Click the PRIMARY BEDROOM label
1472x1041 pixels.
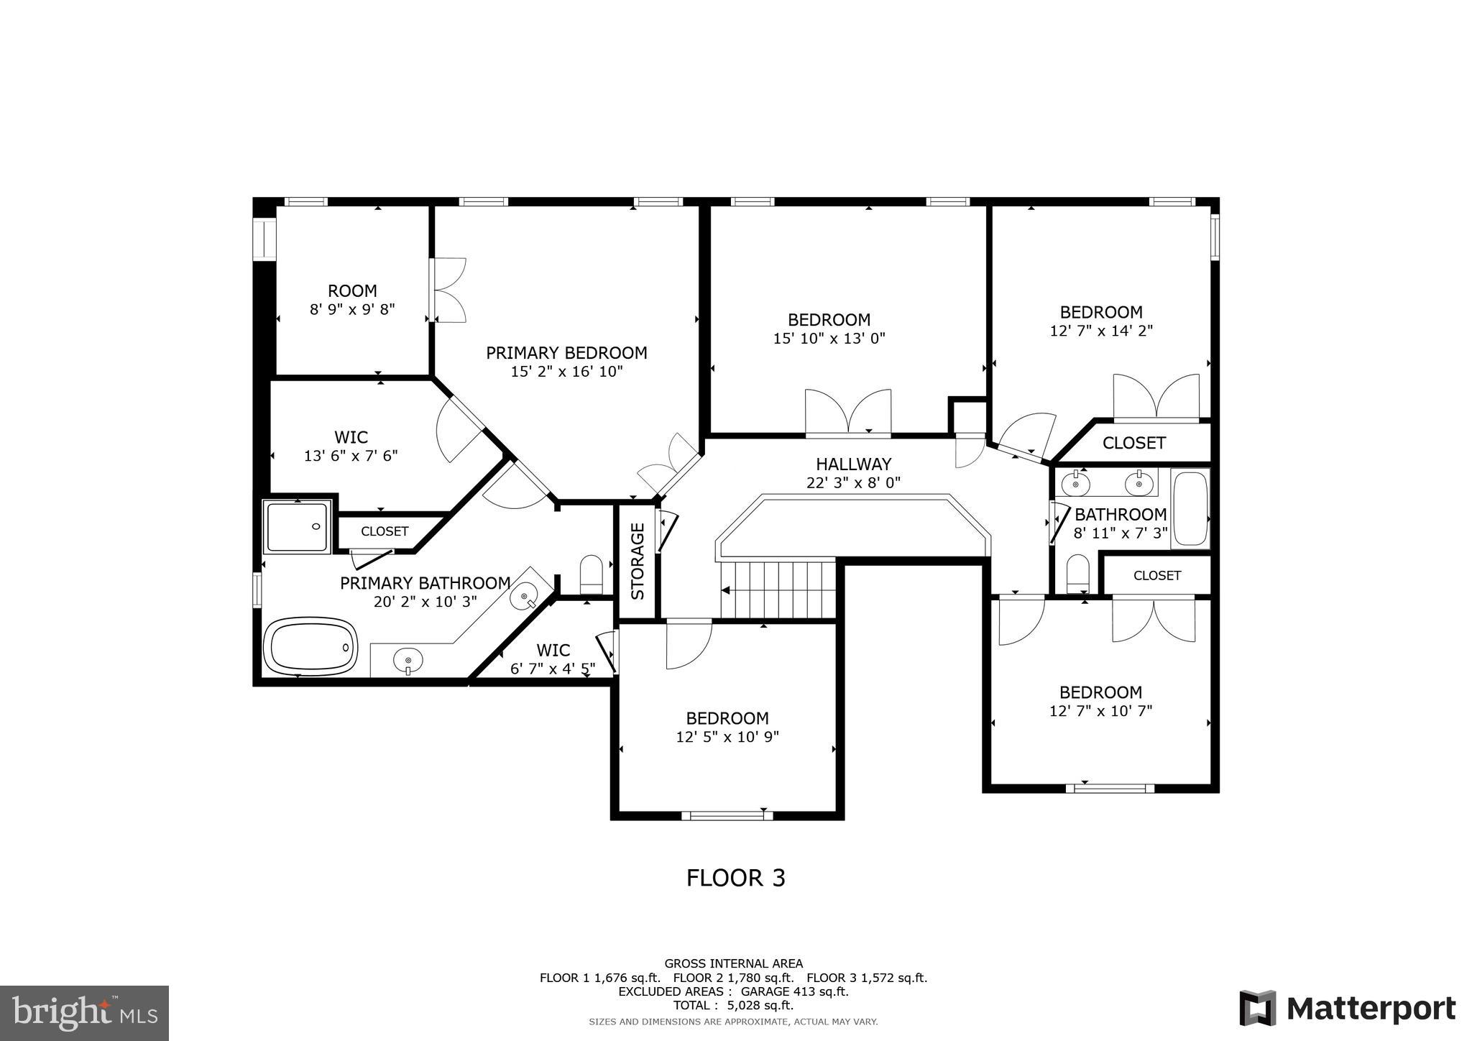point(566,353)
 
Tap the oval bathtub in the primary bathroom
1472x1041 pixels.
point(310,646)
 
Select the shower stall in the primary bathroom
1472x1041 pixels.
point(297,527)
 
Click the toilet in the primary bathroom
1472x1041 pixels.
point(591,573)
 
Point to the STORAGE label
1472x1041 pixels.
point(638,561)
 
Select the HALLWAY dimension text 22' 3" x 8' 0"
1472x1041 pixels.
point(853,482)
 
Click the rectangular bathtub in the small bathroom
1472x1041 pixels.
point(1190,508)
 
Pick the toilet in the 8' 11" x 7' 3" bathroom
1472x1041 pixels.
point(1077,574)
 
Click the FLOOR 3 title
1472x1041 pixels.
point(735,878)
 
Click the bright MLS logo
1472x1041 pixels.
point(85,1012)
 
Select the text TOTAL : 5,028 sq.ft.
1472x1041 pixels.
point(733,1005)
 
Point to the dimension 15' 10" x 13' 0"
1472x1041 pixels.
point(829,339)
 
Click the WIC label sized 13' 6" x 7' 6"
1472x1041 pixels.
point(351,437)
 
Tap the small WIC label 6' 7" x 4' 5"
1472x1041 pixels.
point(553,651)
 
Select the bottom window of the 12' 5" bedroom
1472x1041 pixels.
point(727,815)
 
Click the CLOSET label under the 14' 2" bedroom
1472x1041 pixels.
point(1133,443)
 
